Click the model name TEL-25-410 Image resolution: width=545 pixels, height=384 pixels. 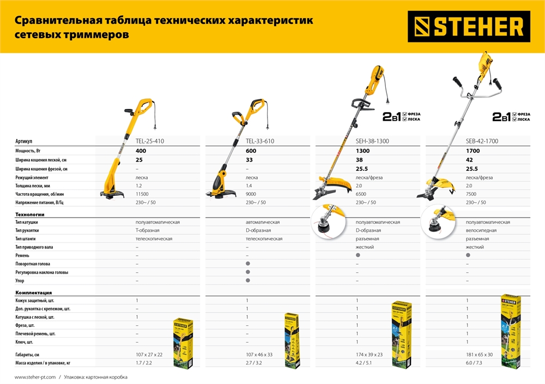tap(149, 141)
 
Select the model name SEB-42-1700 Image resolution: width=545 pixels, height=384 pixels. tap(482, 141)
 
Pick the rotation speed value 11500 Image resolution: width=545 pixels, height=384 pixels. tap(143, 194)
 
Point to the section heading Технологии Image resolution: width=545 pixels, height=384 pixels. tap(30, 214)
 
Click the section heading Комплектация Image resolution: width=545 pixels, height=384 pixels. tap(34, 292)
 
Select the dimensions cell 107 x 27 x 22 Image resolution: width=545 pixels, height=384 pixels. tap(149, 354)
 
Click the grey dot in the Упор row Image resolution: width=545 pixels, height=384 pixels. tap(247, 280)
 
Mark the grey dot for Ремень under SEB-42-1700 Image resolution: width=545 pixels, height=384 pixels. tap(468, 255)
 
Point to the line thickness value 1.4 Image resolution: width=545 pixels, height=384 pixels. tap(250, 185)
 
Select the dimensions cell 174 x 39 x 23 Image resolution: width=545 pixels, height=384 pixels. tap(369, 354)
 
